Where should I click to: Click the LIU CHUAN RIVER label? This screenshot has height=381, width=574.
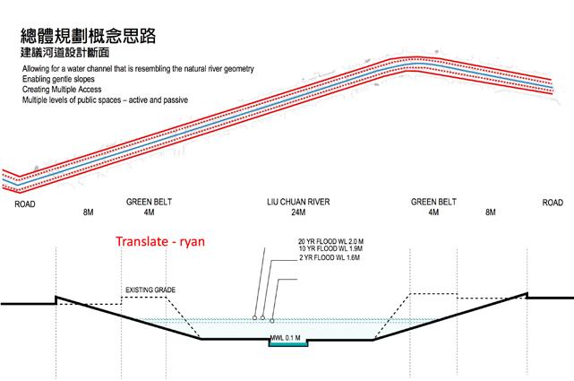(x=297, y=203)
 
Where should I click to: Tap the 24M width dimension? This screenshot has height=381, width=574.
(x=297, y=213)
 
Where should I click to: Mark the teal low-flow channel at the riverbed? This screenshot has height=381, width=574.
(x=287, y=345)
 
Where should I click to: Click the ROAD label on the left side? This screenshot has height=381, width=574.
(x=25, y=203)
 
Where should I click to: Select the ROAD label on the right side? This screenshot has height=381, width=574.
(x=553, y=203)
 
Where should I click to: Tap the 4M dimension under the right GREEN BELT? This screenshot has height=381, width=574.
(x=433, y=213)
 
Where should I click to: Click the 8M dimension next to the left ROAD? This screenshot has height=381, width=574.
(x=88, y=213)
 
